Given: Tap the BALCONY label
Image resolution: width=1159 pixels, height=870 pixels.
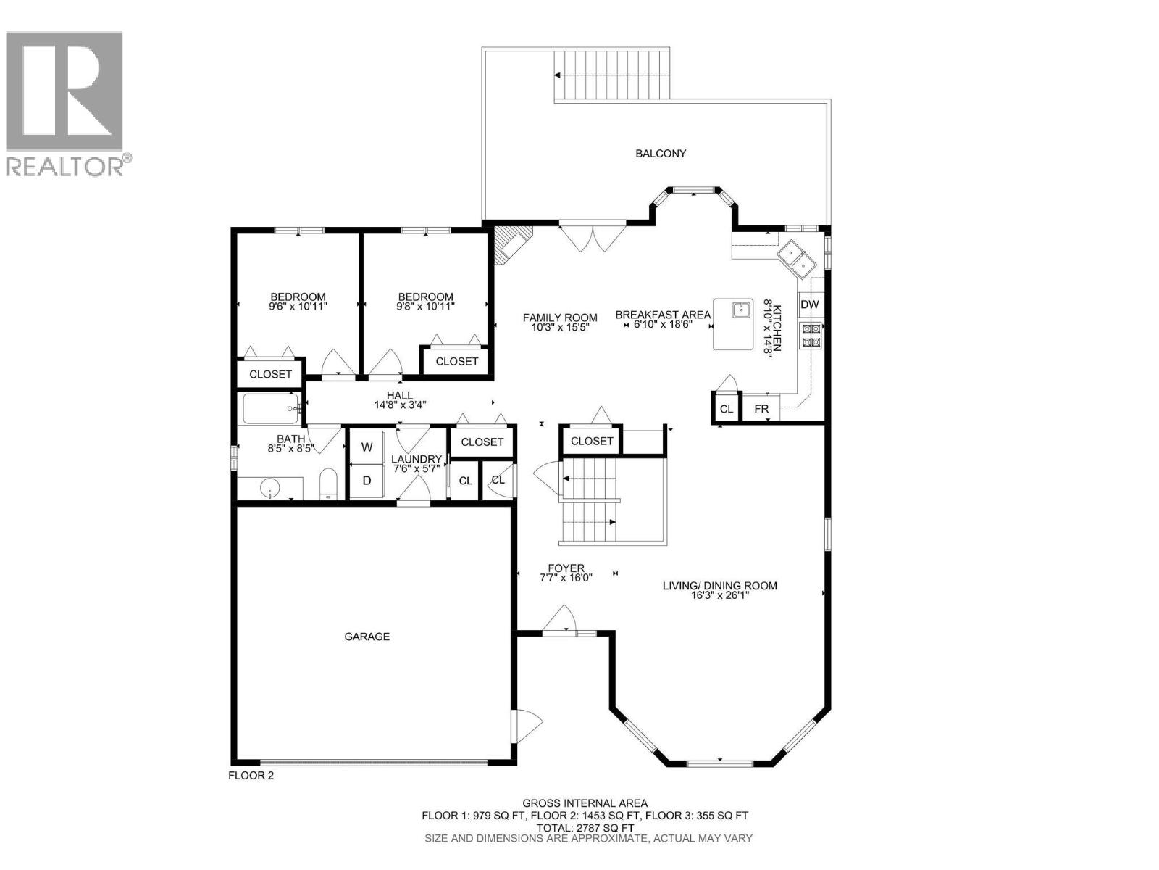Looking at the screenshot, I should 661,154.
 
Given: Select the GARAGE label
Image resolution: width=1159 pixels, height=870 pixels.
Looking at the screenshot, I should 367,637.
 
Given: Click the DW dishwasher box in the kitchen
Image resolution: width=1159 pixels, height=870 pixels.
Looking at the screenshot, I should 809,304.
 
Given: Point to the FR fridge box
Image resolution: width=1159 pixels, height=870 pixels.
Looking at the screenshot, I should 761,409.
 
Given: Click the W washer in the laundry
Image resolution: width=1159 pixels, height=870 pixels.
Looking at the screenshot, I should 367,447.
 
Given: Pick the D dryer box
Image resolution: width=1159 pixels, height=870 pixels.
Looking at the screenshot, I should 367,480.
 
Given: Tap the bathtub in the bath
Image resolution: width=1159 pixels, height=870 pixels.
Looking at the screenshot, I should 270,409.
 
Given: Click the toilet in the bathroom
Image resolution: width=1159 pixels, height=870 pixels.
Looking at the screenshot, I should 329,484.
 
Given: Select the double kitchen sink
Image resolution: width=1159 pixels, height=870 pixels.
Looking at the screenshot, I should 797,258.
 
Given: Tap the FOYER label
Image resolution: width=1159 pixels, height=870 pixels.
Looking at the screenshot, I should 566,568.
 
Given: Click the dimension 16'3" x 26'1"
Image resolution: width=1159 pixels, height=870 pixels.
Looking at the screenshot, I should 719,595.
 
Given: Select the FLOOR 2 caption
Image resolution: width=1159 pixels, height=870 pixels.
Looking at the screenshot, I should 251,775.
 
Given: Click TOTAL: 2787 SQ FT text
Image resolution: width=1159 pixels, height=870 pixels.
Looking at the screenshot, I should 585,827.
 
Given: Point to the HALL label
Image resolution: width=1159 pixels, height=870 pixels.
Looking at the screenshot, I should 400,395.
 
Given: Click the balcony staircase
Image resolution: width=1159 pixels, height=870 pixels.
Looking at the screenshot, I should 613,75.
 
